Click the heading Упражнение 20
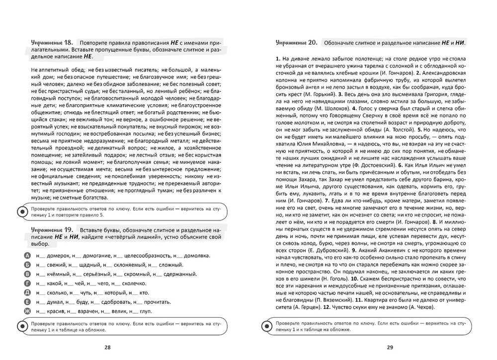point(296,43)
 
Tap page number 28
point(107,347)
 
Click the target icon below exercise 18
point(23,211)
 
